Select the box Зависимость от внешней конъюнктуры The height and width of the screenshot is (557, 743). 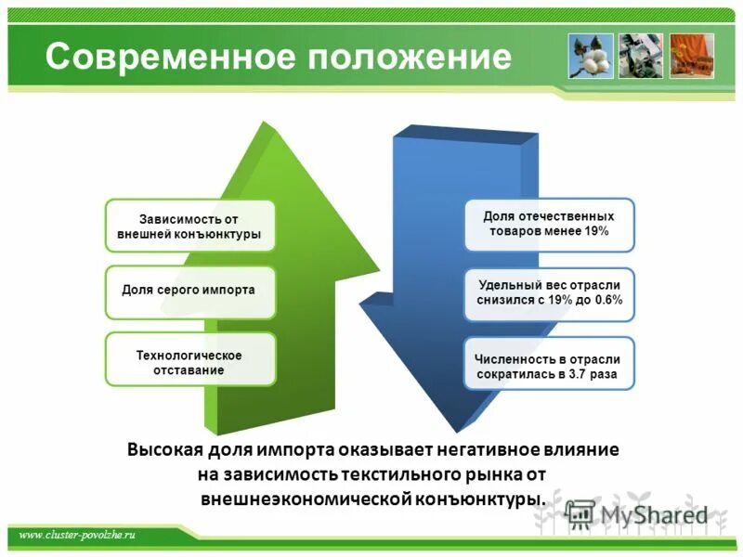tap(189, 227)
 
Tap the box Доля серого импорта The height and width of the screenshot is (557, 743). tap(189, 291)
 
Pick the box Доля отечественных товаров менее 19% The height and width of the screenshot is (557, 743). tap(549, 224)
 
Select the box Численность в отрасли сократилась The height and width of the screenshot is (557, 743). tap(549, 366)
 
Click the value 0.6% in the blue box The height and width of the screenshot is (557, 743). tap(605, 301)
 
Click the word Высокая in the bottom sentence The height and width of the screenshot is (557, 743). tap(163, 450)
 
